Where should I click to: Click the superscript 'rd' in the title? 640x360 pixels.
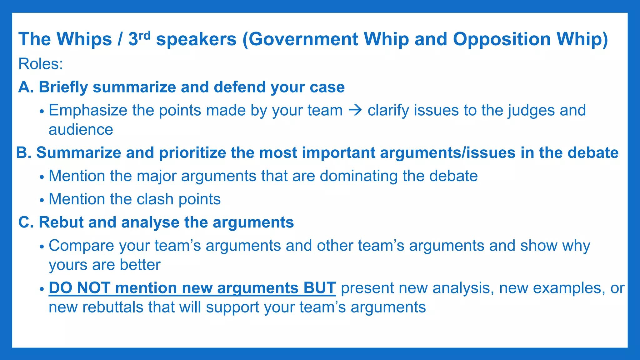point(144,35)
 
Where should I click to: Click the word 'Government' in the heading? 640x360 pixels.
point(303,40)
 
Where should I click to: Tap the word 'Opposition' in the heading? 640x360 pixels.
point(502,40)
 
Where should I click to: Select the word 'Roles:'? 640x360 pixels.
point(41,64)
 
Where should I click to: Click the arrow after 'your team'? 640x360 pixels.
point(355,110)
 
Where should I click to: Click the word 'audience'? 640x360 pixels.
point(81,130)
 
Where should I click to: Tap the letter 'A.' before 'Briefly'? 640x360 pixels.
point(26,87)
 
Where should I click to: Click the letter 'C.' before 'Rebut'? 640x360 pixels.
point(26,222)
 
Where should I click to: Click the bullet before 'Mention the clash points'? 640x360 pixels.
point(42,200)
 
